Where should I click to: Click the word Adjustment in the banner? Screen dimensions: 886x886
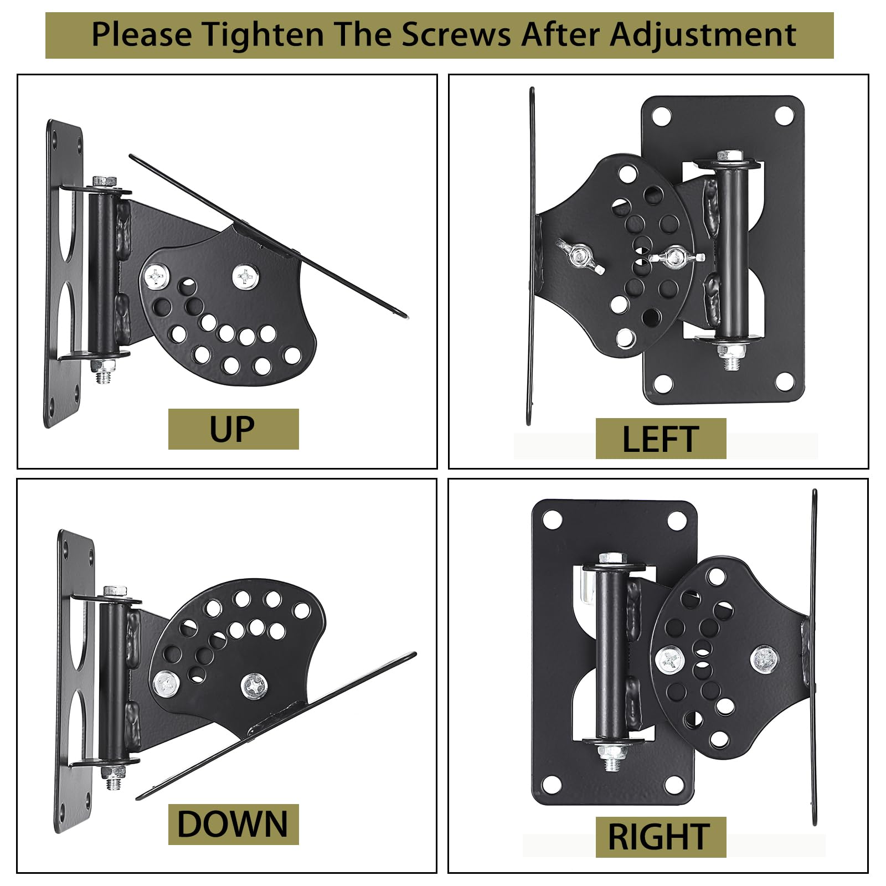pos(703,35)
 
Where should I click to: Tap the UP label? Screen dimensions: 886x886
pos(233,429)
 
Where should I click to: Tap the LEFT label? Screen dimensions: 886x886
pos(661,439)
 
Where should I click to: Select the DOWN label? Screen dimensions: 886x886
pos(233,824)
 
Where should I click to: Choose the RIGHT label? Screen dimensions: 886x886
pos(660,837)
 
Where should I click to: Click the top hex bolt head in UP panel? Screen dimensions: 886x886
pos(104,182)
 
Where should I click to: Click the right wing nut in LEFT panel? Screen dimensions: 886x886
pos(674,257)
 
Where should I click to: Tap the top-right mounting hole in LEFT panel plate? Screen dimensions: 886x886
pos(784,116)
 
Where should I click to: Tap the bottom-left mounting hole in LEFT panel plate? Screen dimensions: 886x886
pos(662,383)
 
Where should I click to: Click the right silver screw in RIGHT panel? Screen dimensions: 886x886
pos(764,659)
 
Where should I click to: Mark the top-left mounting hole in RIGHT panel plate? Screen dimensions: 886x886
pos(552,520)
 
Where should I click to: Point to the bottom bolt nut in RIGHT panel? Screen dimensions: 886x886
pos(611,752)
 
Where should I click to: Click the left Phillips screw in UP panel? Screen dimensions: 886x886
pos(157,276)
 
